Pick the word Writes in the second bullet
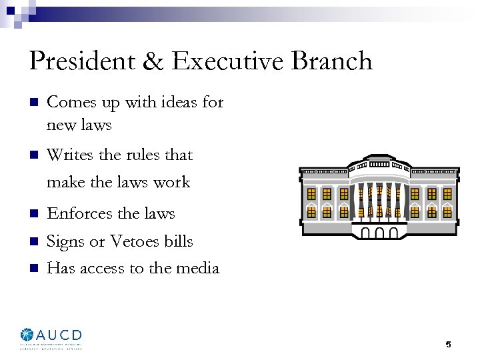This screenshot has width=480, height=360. [x=70, y=155]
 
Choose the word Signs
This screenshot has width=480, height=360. [x=66, y=241]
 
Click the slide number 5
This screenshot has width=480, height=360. [x=448, y=345]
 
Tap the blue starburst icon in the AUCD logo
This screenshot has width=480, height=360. [x=27, y=335]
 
